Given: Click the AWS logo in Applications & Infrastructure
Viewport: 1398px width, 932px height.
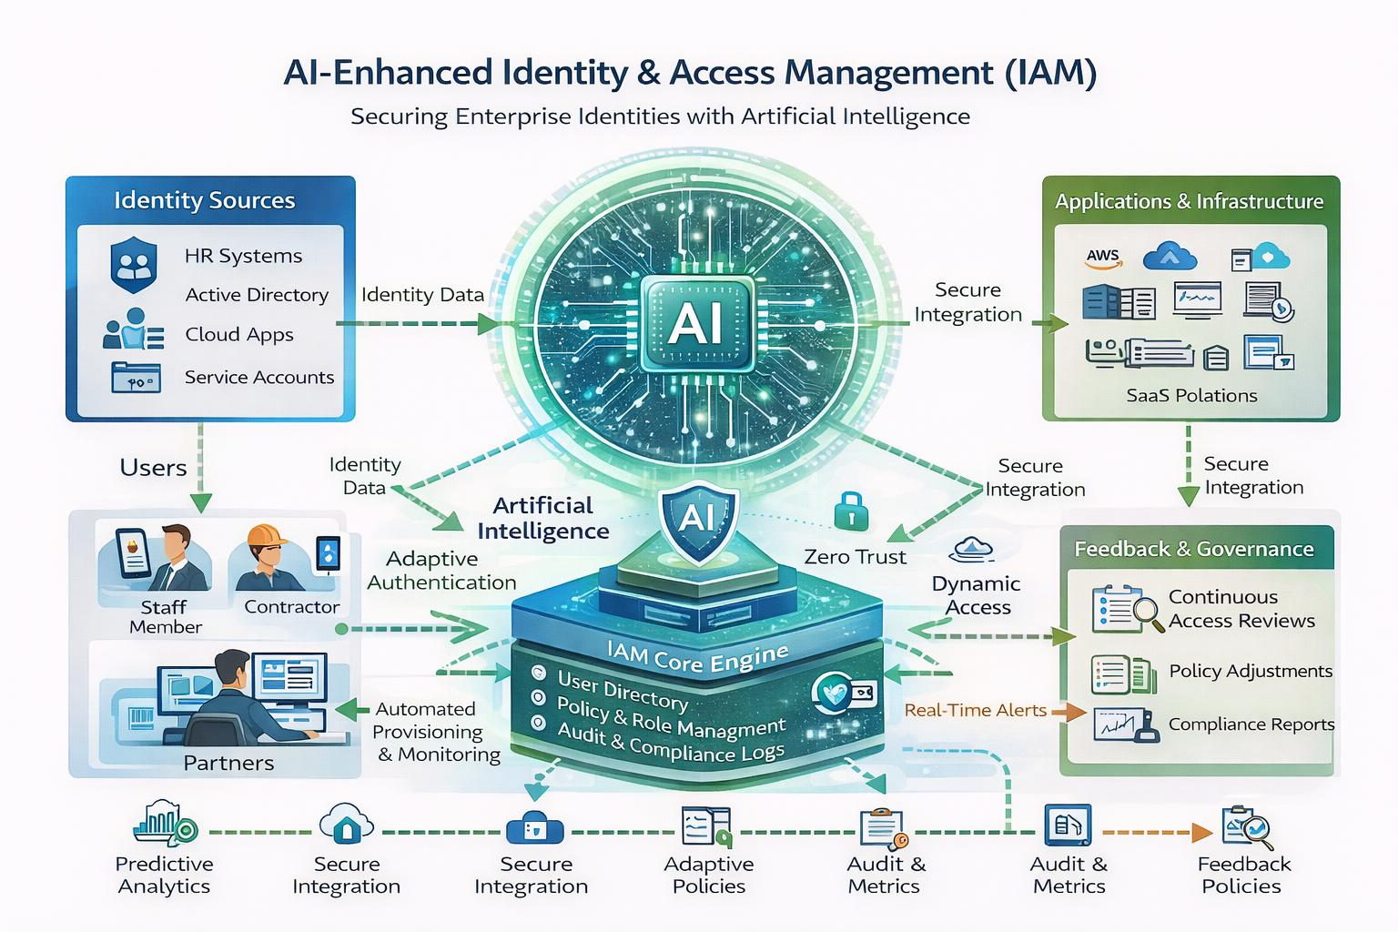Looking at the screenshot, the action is click(x=1103, y=258).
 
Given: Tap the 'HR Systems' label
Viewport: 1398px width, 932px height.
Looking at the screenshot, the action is click(x=243, y=256).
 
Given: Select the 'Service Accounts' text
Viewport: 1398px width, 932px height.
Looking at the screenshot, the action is click(x=259, y=377).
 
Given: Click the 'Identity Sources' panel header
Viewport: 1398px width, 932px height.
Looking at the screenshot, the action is click(x=204, y=200).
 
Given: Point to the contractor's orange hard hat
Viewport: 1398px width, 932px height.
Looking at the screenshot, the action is click(x=266, y=536).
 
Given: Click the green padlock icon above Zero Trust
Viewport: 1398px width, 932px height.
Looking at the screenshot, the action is click(x=851, y=511).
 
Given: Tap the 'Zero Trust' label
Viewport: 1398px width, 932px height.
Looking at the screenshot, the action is click(x=855, y=556).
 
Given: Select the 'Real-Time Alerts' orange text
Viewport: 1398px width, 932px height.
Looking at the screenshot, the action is click(x=975, y=710).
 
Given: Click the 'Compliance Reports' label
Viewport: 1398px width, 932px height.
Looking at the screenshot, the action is click(x=1251, y=724).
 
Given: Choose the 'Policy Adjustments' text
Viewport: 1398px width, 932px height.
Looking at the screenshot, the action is click(x=1251, y=671).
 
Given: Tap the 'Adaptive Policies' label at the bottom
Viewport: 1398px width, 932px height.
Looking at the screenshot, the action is click(x=709, y=876).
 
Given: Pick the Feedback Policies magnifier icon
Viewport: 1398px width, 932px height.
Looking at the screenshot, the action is click(x=1248, y=827).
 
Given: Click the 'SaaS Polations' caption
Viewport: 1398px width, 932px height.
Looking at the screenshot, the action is click(x=1191, y=395).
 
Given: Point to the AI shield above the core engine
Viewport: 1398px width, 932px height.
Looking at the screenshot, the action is click(x=699, y=520).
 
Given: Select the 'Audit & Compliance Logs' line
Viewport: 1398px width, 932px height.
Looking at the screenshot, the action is click(x=670, y=744).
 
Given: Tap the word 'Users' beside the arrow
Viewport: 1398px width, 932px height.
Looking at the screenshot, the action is click(x=153, y=468).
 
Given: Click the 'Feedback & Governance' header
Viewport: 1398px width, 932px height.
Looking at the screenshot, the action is click(x=1194, y=549).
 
